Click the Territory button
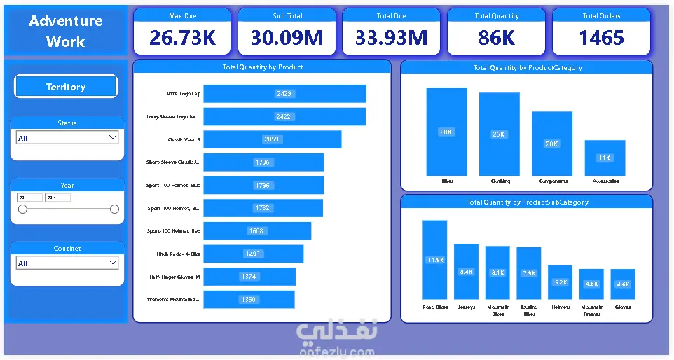[x=66, y=87]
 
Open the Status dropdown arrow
[x=113, y=137]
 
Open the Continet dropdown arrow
[x=113, y=263]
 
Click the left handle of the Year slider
[x=22, y=209]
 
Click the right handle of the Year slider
[x=115, y=209]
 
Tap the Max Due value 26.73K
[x=182, y=38]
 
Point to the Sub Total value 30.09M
[x=287, y=38]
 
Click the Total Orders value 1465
[x=601, y=38]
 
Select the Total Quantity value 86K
[x=496, y=38]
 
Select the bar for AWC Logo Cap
[x=284, y=94]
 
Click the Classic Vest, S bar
[x=272, y=139]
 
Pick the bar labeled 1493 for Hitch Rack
[x=253, y=254]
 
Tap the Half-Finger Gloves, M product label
[x=174, y=277]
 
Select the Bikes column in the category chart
[x=446, y=132]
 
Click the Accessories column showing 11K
[x=605, y=158]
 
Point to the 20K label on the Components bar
[x=552, y=144]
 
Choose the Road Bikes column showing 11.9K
[x=435, y=259]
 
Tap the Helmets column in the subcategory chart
[x=560, y=282]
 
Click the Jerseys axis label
[x=467, y=307]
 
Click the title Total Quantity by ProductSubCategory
[x=527, y=202]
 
